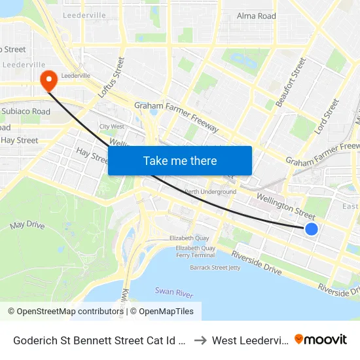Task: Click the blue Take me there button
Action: click(180, 160)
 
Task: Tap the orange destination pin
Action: click(49, 81)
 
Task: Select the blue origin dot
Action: click(312, 228)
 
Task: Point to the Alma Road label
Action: click(256, 16)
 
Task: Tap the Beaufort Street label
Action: click(291, 82)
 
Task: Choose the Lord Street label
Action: click(327, 117)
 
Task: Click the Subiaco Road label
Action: click(26, 111)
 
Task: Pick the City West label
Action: click(112, 126)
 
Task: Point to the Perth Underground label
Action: click(210, 192)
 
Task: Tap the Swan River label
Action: click(173, 291)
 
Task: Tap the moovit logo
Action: click(320, 340)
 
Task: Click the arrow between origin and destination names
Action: click(201, 340)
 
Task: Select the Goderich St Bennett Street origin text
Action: click(98, 340)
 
